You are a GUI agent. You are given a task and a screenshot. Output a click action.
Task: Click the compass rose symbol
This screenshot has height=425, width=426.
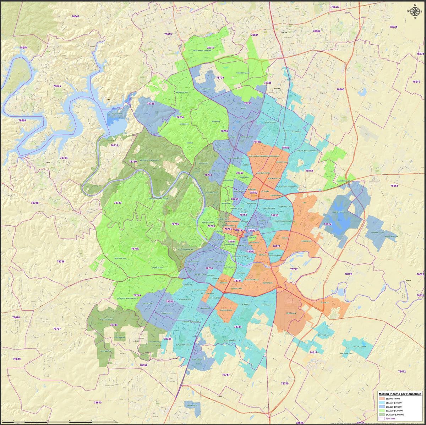[x=414, y=12]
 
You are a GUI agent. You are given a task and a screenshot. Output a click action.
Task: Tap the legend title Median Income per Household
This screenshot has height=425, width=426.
[x=400, y=394]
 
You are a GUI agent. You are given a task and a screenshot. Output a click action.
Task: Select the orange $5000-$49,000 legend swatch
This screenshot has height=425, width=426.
[x=382, y=399]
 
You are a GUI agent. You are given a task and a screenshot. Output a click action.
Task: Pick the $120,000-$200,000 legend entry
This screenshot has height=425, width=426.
[x=394, y=415]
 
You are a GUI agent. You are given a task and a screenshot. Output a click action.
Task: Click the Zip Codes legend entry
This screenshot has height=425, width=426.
[x=390, y=419]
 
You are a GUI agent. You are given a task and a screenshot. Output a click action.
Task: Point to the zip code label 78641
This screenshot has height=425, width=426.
[x=75, y=16]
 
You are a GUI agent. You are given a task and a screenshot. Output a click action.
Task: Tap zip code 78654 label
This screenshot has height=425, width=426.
[x=23, y=47]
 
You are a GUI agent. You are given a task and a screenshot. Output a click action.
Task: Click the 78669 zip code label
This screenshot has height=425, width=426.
[x=22, y=121]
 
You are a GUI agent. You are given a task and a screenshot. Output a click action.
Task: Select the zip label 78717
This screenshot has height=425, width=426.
[x=211, y=47]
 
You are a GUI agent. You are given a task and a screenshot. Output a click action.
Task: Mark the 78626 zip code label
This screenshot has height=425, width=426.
[x=335, y=7]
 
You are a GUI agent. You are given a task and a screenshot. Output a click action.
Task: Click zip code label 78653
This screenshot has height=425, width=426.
[x=394, y=186]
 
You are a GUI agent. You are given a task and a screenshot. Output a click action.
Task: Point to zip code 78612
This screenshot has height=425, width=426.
[x=402, y=371]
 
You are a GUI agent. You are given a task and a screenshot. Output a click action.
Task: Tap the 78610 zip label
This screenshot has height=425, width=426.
[x=98, y=403]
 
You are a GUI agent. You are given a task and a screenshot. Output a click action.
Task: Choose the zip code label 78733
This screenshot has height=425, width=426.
[x=118, y=203]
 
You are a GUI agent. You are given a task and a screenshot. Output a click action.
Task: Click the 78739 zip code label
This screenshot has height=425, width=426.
[x=114, y=325]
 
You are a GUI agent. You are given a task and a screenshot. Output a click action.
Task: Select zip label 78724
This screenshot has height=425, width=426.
[x=327, y=224]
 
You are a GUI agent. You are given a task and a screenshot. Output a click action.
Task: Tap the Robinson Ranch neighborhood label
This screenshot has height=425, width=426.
[x=243, y=73]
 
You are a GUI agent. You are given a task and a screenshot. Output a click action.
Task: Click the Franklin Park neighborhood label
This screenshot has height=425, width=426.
[x=226, y=310]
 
